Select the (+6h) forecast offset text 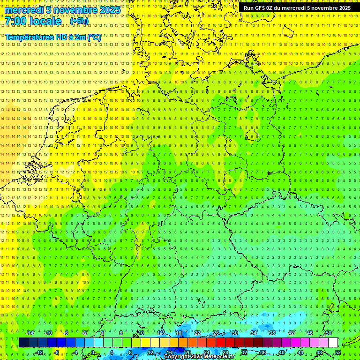pyautogui.click(x=79, y=21)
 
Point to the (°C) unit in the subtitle pyautogui.click(x=93, y=37)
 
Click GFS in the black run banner pyautogui.click(x=261, y=8)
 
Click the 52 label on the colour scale pyautogui.click(x=338, y=352)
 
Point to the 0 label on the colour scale pyautogui.click(x=92, y=352)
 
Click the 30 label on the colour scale pyautogui.click(x=235, y=333)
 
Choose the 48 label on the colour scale pyautogui.click(x=319, y=352)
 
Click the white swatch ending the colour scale pyautogui.click(x=333, y=343)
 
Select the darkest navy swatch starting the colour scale pyautogui.click(x=23, y=343)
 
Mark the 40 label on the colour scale pyautogui.click(x=281, y=352)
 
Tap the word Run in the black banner pyautogui.click(x=248, y=8)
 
